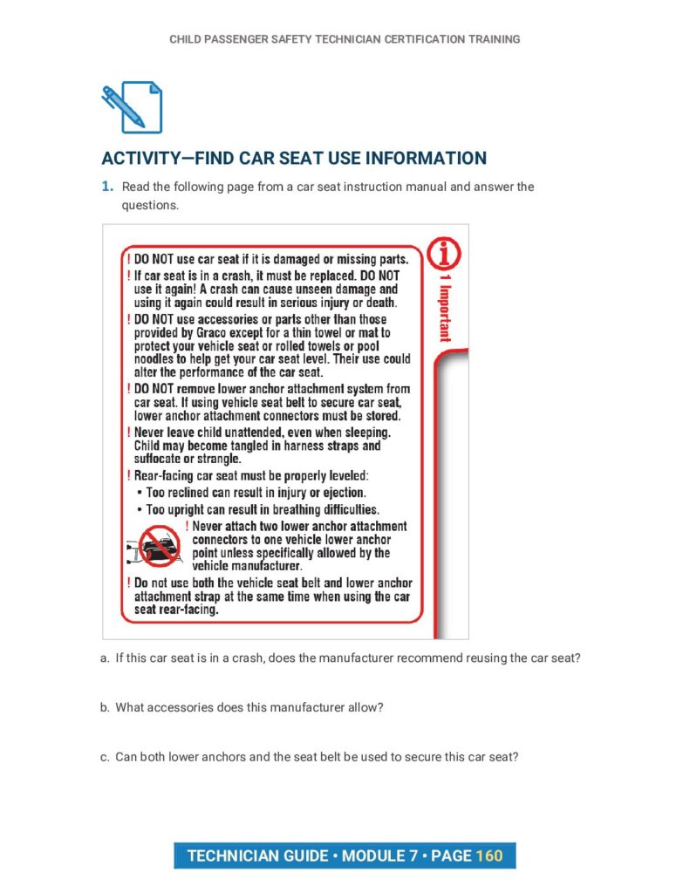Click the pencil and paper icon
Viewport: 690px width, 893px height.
click(x=132, y=106)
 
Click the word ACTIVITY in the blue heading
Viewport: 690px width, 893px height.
click(x=141, y=159)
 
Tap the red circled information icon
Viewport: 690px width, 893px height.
click(x=445, y=255)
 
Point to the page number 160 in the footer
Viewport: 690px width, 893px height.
click(x=489, y=856)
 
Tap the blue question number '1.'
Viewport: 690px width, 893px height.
click(x=107, y=187)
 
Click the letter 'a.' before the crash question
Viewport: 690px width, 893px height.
click(x=106, y=658)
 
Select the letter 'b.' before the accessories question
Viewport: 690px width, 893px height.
click(x=106, y=707)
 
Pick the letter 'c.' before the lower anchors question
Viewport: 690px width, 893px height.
click(x=106, y=757)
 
